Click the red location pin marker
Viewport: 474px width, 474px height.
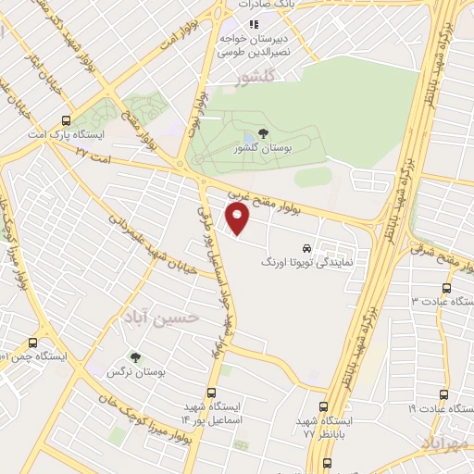click(239, 219)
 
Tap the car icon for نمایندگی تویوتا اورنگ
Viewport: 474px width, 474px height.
click(306, 248)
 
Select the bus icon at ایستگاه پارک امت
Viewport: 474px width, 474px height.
click(65, 120)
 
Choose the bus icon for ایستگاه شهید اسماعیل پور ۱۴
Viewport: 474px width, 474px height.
click(212, 393)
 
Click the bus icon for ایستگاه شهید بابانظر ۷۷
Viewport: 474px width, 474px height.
click(323, 406)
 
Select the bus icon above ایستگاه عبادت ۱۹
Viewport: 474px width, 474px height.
click(443, 393)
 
